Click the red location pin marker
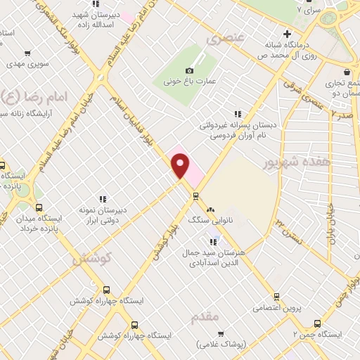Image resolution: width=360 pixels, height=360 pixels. coord(181,165)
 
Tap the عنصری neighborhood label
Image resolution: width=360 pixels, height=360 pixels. coord(224,40)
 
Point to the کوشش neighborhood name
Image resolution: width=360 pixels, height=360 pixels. coord(92,258)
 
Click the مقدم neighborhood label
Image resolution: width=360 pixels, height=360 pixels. coord(206,317)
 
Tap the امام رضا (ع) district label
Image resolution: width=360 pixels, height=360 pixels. coord(33,96)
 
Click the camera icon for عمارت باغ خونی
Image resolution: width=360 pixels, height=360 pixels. coord(188,70)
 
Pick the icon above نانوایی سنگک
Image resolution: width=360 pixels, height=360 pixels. coord(210,210)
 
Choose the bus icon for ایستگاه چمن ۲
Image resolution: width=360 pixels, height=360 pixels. coord(317,324)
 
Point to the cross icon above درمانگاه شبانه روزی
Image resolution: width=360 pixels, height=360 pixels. coord(287,34)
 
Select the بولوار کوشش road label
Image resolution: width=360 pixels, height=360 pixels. coord(162,245)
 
